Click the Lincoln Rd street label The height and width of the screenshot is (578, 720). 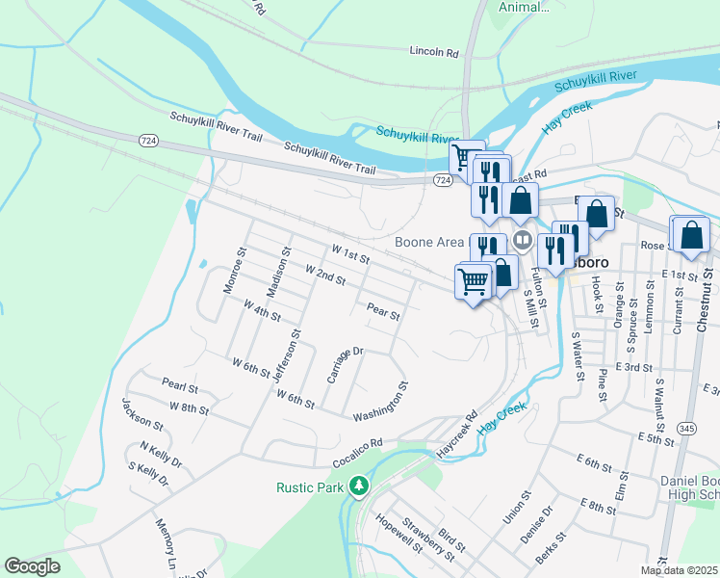[x=433, y=51]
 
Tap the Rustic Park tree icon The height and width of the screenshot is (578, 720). [x=359, y=486]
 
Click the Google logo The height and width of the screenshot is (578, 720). [x=32, y=565]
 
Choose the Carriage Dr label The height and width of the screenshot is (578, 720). [x=344, y=365]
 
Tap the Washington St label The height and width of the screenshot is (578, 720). [x=381, y=402]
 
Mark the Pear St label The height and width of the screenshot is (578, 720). [x=382, y=311]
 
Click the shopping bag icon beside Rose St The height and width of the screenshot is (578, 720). [x=692, y=235]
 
